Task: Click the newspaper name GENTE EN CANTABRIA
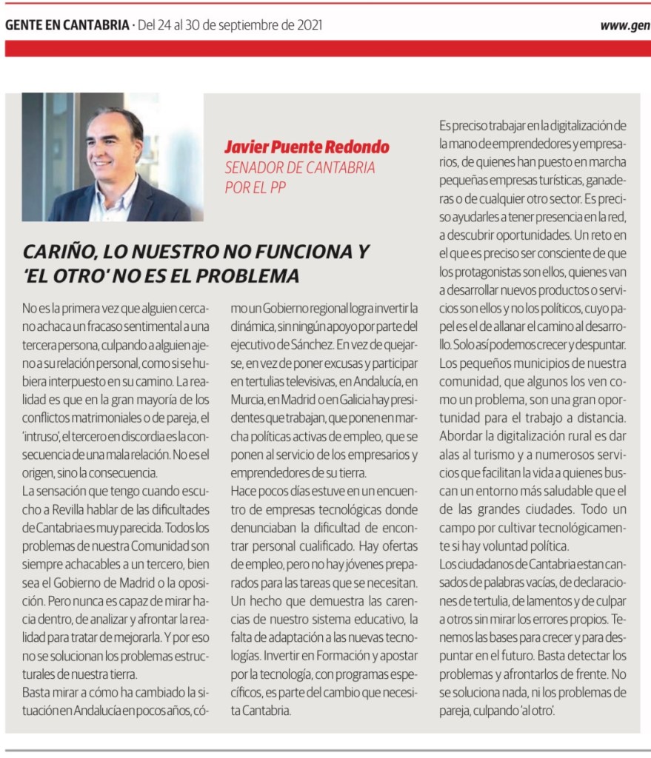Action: tap(67, 25)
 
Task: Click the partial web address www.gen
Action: tap(624, 25)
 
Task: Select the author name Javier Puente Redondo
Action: tap(307, 147)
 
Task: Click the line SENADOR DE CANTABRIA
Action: tap(299, 167)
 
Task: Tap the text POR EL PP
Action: tap(255, 187)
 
